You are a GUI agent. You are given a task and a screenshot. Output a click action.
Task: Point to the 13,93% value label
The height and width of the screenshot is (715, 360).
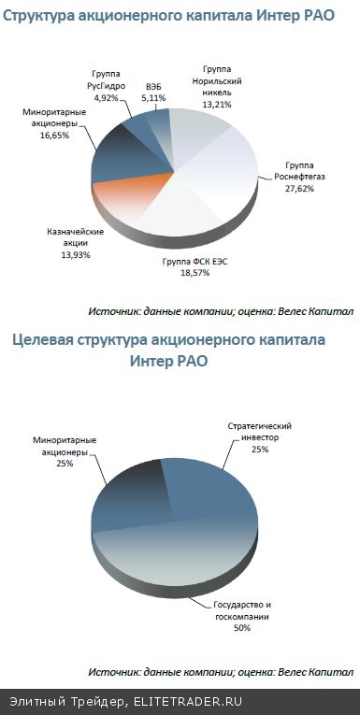click(x=76, y=253)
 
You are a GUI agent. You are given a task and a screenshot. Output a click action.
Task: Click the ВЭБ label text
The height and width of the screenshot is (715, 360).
click(x=153, y=83)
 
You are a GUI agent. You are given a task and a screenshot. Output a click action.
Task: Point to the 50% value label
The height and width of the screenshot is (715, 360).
click(x=242, y=626)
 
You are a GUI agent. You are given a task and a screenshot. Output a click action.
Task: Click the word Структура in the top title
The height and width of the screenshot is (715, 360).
click(x=38, y=14)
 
